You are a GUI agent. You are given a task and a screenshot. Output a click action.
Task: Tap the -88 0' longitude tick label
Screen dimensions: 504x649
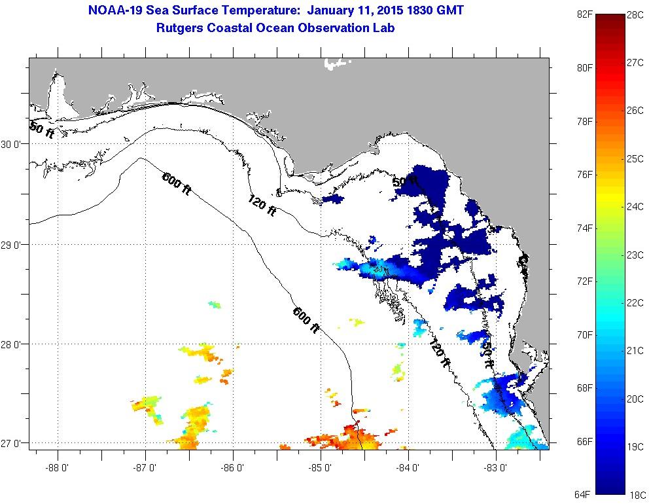[58, 467]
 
